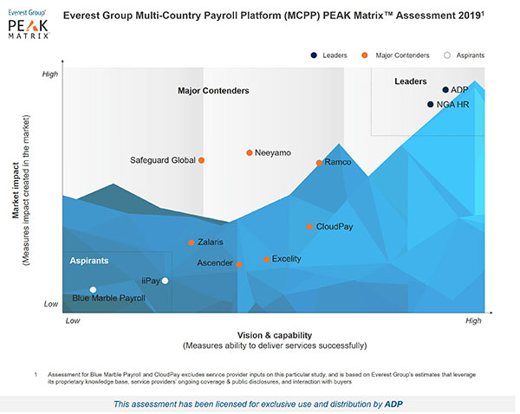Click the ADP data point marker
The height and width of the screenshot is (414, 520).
coord(445,90)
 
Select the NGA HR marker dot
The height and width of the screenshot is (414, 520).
coord(431,105)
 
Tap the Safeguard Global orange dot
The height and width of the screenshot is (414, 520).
coord(202,160)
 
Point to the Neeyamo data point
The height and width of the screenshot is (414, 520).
coord(250,152)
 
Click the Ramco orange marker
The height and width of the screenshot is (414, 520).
coord(319,163)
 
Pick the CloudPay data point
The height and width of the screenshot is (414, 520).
coord(309,227)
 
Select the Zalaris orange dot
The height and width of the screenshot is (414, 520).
coord(192,243)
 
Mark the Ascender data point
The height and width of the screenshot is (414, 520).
coord(239,264)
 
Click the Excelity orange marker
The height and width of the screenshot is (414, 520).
coord(267,259)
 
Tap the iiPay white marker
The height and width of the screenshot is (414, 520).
coord(165,281)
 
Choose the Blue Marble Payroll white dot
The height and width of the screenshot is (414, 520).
coord(94,289)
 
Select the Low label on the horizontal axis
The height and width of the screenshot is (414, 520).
coord(73,320)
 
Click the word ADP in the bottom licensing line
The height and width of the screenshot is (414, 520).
coord(394,404)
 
